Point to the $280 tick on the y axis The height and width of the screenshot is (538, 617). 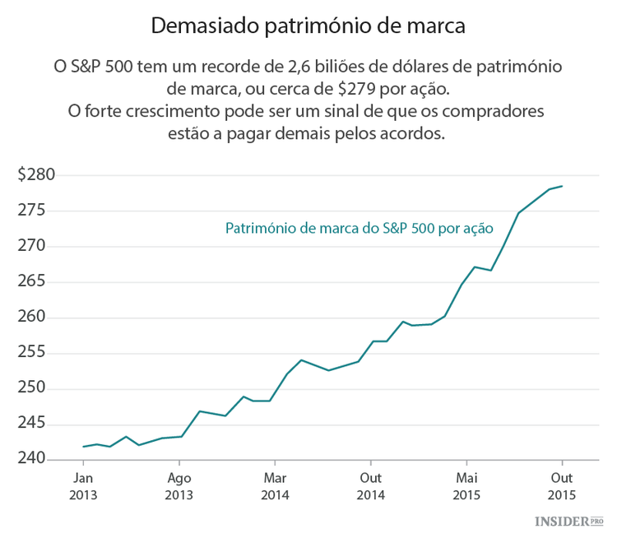coord(36,175)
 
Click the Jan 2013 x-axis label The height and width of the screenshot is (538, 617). coord(83,486)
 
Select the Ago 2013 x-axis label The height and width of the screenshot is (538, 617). coord(179,486)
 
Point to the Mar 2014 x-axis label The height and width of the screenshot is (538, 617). coord(275,486)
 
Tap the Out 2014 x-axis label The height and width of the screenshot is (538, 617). coord(371,486)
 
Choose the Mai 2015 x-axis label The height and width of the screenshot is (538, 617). coord(466,486)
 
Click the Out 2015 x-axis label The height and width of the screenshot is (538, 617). coord(563,486)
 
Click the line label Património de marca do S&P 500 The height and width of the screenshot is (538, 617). coord(359,230)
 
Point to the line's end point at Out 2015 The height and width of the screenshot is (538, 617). coord(562,186)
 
